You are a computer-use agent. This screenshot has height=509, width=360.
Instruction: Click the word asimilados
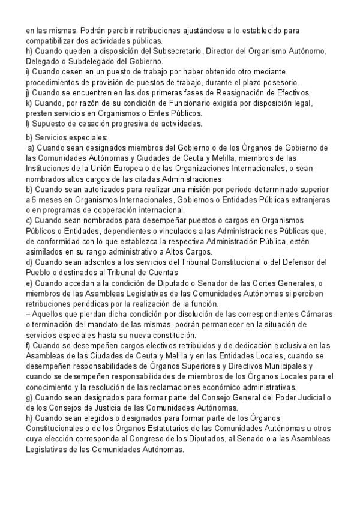click(47, 251)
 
